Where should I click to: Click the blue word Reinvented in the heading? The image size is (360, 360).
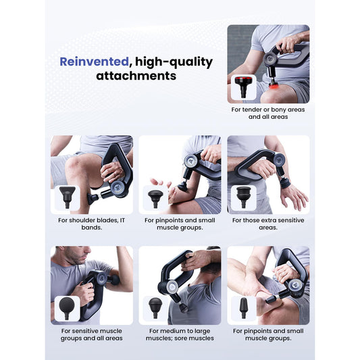click(94, 61)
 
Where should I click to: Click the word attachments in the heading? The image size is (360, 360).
click(136, 76)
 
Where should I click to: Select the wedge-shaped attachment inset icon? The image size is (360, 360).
click(68, 197)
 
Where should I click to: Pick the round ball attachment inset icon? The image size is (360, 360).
click(67, 308)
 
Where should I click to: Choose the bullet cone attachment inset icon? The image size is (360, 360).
click(244, 308)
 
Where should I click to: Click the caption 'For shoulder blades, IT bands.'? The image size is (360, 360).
click(92, 224)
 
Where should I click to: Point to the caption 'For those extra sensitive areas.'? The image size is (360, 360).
click(268, 224)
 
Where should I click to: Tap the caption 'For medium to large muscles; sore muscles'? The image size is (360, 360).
click(180, 334)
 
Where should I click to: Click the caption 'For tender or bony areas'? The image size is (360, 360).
click(268, 109)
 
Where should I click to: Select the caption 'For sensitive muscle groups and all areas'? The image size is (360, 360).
click(92, 334)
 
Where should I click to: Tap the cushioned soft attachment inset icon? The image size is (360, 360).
click(244, 197)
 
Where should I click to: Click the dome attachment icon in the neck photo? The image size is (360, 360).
click(155, 307)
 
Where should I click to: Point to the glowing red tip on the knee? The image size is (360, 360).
click(273, 86)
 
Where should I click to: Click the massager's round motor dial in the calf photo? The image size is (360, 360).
click(118, 188)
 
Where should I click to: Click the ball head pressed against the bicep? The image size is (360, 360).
click(114, 280)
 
